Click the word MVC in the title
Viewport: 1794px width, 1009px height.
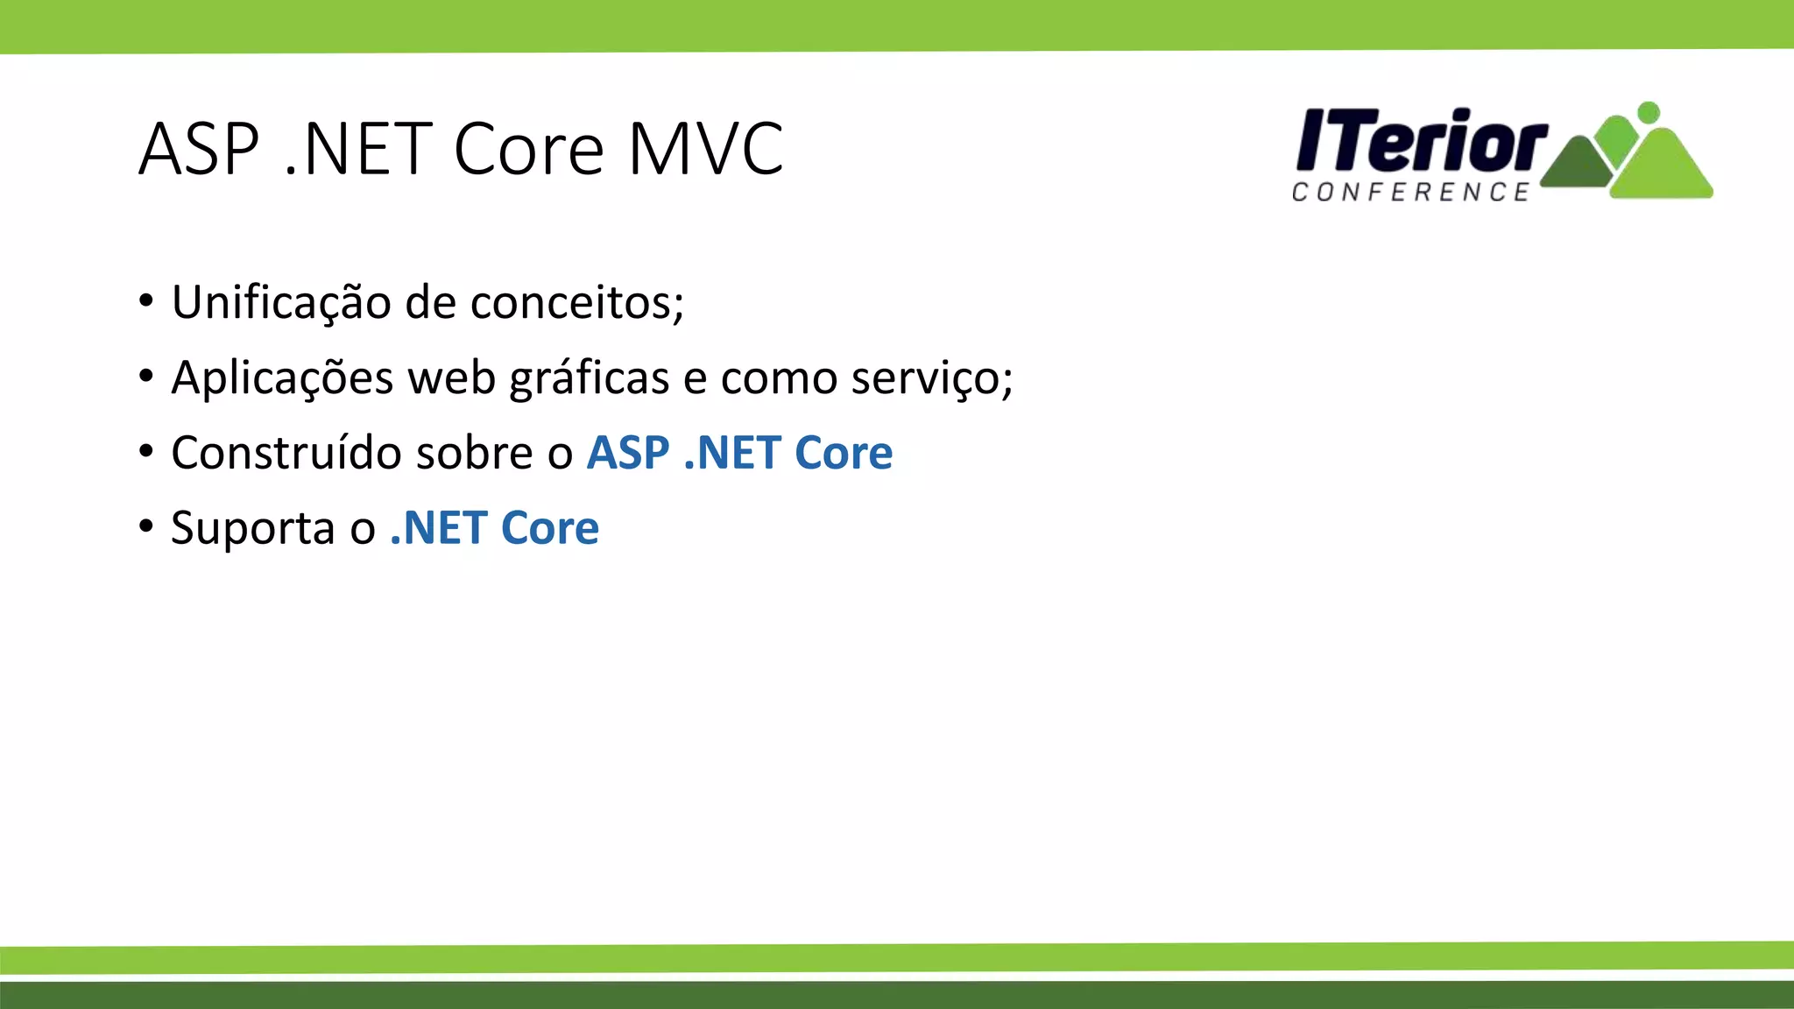[x=705, y=149]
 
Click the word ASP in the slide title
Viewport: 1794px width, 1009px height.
[x=200, y=149]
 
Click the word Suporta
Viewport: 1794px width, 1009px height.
[x=253, y=528]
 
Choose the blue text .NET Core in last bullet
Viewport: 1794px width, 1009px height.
[x=494, y=528]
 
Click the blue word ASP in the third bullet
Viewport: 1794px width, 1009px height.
[x=628, y=453]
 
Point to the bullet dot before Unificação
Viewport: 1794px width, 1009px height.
[x=146, y=301]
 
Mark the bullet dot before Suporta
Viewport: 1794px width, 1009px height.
[x=146, y=527]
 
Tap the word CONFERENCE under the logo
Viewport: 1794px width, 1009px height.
[x=1410, y=192]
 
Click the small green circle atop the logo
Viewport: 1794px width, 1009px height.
[x=1649, y=112]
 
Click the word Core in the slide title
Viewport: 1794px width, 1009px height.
[x=528, y=149]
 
